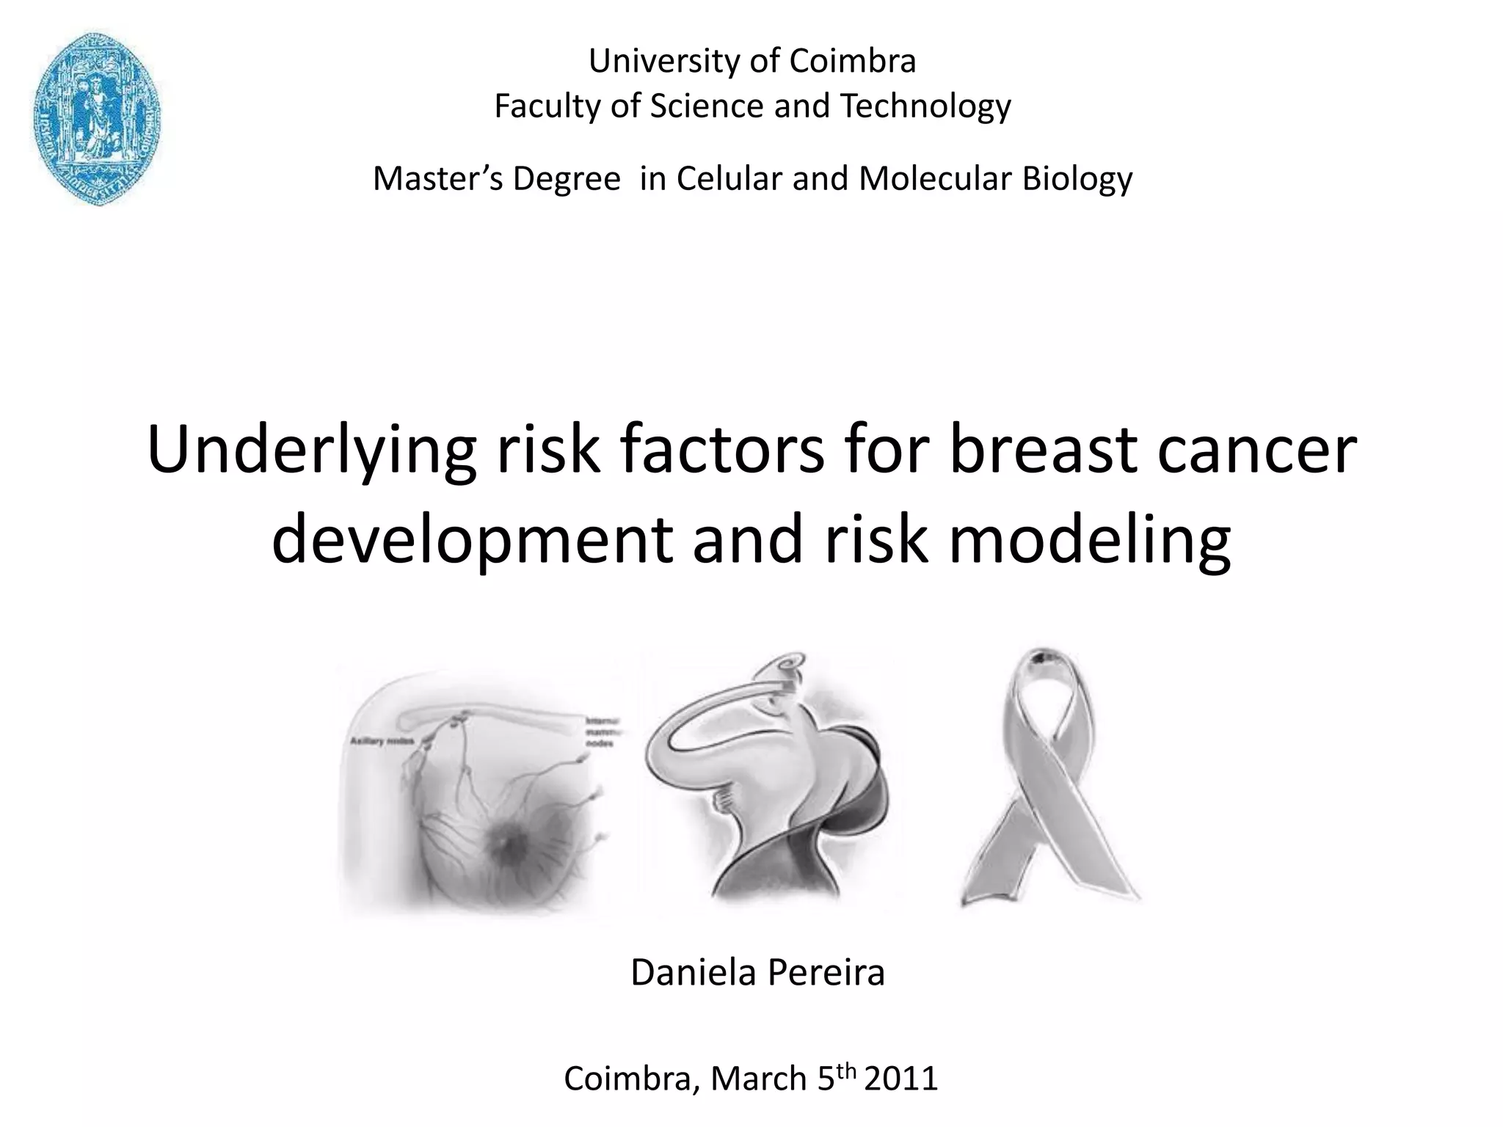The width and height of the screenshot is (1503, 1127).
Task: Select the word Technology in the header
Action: coord(925,106)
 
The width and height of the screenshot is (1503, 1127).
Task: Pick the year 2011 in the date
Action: coord(901,1079)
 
